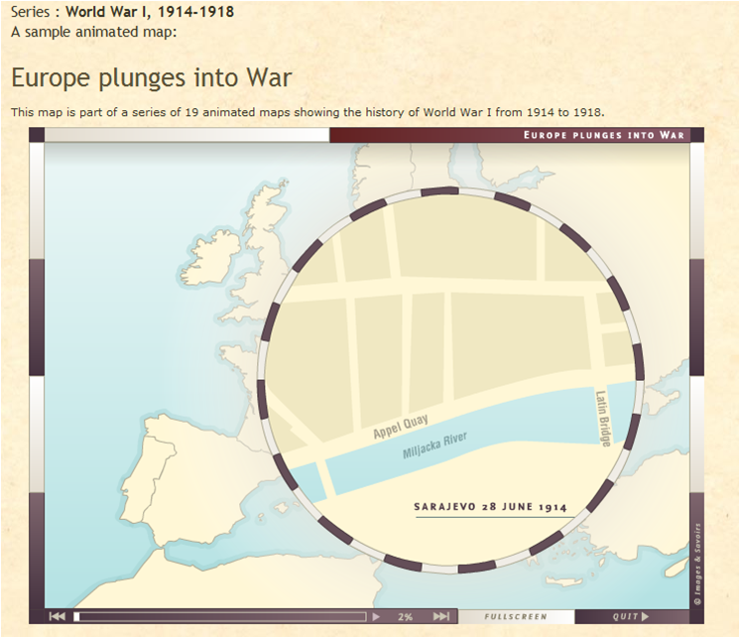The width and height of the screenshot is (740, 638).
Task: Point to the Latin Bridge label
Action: coord(603,417)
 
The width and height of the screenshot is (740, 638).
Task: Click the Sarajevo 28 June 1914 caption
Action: coord(490,507)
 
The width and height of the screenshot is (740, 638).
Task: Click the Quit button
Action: coord(631,616)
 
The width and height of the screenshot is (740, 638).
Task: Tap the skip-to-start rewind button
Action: coord(57,616)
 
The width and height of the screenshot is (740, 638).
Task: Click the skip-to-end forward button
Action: coord(440,616)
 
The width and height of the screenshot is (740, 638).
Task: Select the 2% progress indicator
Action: coord(406,616)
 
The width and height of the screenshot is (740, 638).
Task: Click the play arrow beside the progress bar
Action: coord(375,616)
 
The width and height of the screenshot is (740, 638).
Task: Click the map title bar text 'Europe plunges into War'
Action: coord(604,134)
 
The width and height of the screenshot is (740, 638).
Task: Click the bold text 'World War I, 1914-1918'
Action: coord(149,13)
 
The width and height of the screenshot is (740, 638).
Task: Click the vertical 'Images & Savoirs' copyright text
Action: coord(697,563)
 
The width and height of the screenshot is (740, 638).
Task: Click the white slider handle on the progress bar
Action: coord(77,616)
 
